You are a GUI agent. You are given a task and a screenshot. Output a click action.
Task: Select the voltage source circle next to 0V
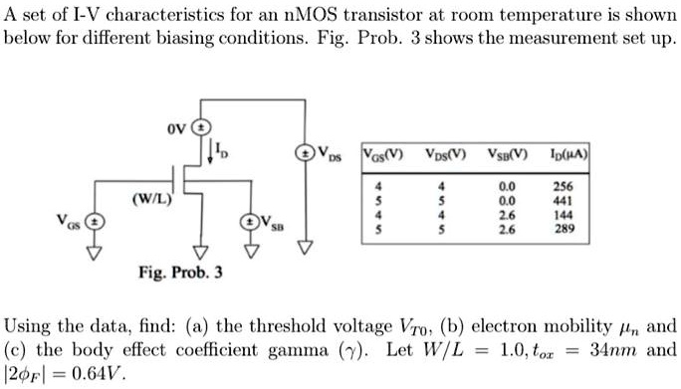click(200, 128)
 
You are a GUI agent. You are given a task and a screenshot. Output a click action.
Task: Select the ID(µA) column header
click(554, 156)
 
